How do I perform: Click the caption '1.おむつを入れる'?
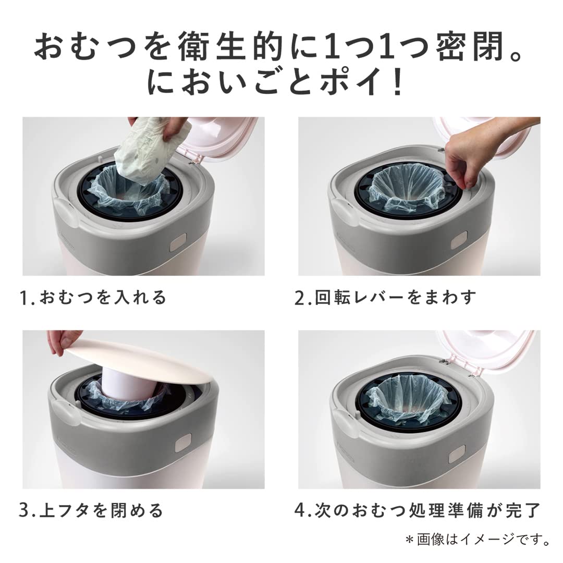point(93,298)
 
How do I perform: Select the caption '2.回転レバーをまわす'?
point(385,298)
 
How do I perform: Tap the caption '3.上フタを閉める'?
point(91,510)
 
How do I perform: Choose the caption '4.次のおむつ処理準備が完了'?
point(417,510)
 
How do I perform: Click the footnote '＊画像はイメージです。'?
point(477,540)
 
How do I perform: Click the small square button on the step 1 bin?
point(178,241)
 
